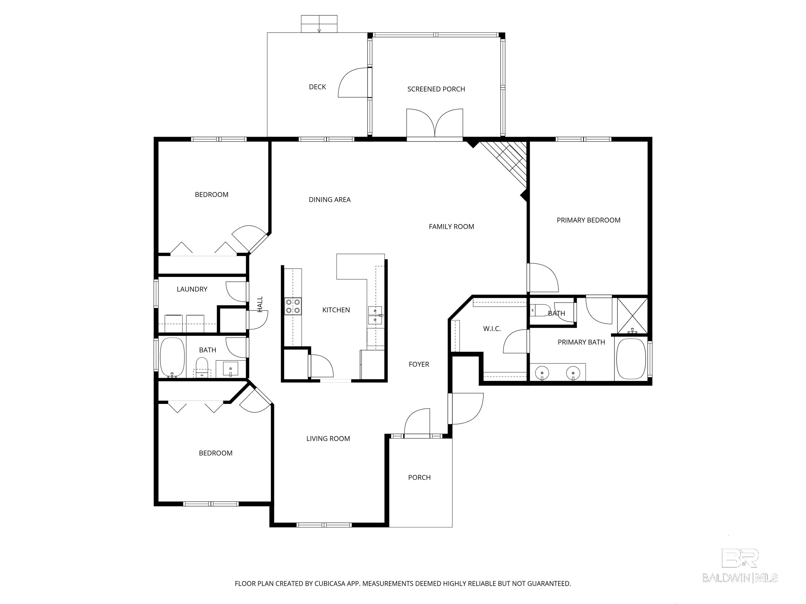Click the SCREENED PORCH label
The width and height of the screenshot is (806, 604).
click(x=436, y=89)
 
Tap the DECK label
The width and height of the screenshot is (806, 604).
click(x=317, y=87)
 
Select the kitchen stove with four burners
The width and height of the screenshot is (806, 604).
click(x=293, y=306)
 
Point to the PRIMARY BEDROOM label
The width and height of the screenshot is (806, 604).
click(x=588, y=220)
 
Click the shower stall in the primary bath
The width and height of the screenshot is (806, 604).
click(x=632, y=316)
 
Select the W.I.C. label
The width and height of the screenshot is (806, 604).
click(x=492, y=329)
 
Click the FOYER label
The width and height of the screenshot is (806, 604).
click(x=419, y=364)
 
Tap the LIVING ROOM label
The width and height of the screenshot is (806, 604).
click(x=328, y=439)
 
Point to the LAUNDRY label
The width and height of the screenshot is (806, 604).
click(x=192, y=289)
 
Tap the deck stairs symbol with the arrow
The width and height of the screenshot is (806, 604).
click(x=319, y=24)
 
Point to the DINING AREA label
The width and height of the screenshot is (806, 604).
click(x=330, y=200)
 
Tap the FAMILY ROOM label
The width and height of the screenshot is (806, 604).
click(x=452, y=227)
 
